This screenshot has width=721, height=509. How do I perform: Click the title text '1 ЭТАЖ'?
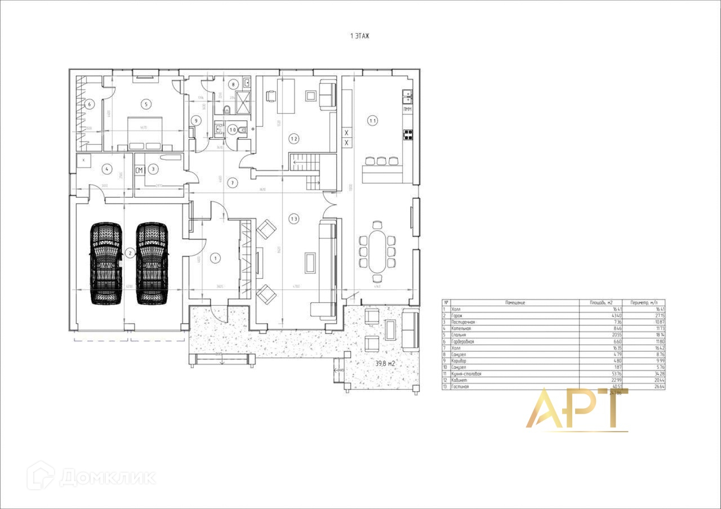359,36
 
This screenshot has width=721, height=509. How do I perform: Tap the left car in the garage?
106,264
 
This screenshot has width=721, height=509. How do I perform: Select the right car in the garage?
152,264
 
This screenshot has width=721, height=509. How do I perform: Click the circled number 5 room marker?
146,104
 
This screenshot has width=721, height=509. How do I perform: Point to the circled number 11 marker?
372,120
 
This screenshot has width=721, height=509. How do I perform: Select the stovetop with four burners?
407,135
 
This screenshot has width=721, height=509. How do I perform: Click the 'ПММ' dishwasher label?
408,109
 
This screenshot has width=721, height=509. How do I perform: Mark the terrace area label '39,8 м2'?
385,364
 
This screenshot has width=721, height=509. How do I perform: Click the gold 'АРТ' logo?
577,409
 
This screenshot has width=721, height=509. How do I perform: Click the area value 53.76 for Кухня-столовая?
601,374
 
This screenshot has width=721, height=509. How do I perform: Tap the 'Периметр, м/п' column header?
644,302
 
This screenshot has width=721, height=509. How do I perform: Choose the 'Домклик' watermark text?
107,477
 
